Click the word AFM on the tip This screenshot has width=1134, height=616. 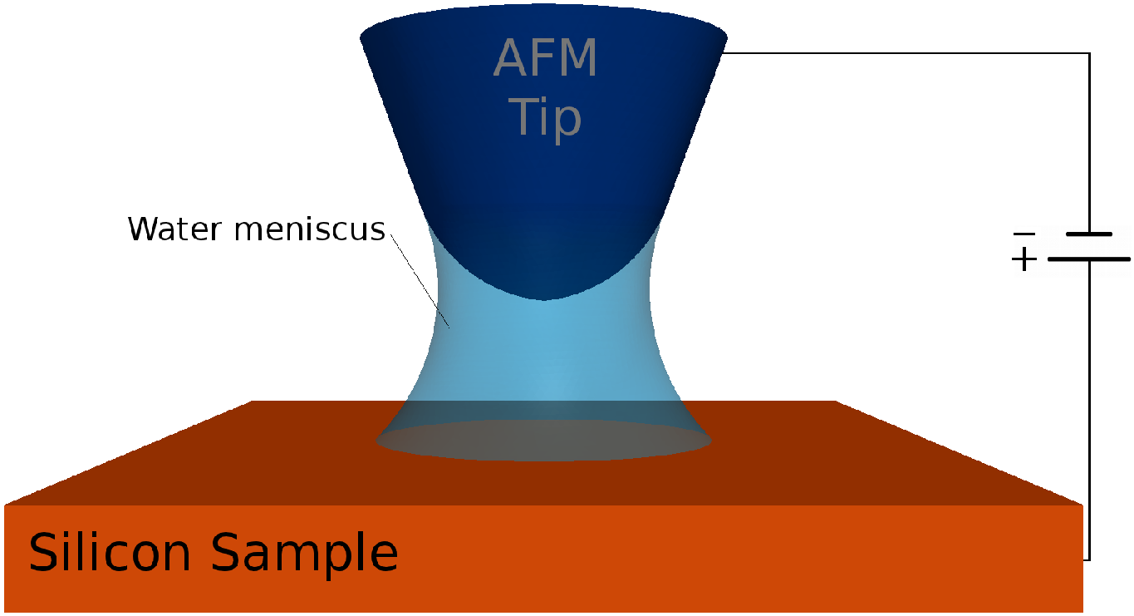coord(546,59)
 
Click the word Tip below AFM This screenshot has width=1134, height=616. coord(546,117)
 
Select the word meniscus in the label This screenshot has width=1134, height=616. coord(308,229)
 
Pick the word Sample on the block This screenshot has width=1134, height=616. coord(304,554)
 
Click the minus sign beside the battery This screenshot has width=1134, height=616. coord(1024,235)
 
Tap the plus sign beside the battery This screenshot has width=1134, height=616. coord(1024,260)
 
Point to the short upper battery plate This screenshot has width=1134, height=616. coord(1088,234)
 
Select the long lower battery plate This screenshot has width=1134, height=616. coord(1088,259)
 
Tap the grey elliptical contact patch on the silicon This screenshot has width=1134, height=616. coord(543,440)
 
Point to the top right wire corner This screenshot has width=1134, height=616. coord(1088,54)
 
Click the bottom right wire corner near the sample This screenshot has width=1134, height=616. coord(1088,559)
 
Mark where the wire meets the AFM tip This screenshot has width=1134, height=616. coord(725,54)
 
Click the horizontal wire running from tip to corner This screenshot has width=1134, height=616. coord(906,54)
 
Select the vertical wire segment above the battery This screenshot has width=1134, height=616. coord(1088,141)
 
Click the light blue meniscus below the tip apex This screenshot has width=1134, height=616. coord(543,349)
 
